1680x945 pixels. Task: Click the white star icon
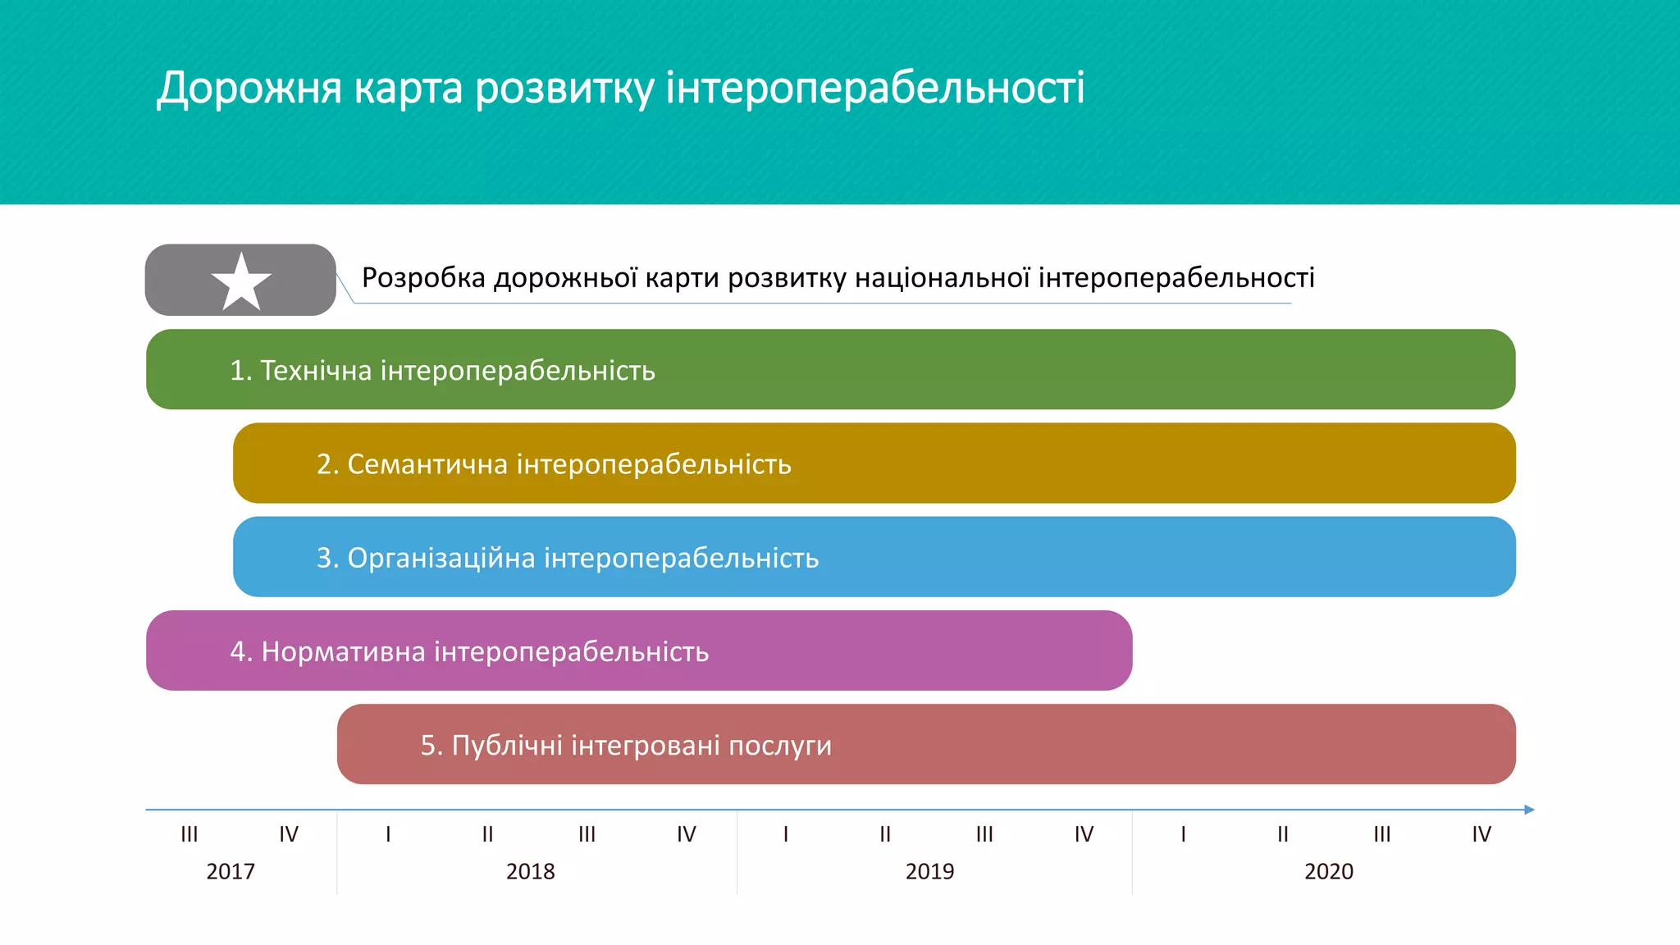pyautogui.click(x=241, y=281)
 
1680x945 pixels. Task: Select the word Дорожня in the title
pyautogui.click(x=249, y=88)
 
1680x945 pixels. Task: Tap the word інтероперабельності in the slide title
pyautogui.click(x=874, y=88)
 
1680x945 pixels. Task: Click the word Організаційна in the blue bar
pyautogui.click(x=441, y=558)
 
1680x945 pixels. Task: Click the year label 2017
pyautogui.click(x=231, y=871)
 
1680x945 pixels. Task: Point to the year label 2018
pyautogui.click(x=530, y=871)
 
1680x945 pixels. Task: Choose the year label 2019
pyautogui.click(x=929, y=871)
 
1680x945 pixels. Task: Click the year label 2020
pyautogui.click(x=1329, y=871)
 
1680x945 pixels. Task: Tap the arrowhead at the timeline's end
pyautogui.click(x=1529, y=810)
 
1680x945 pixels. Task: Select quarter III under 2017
pyautogui.click(x=189, y=834)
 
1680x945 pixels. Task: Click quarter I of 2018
pyautogui.click(x=388, y=834)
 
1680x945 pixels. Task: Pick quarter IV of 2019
pyautogui.click(x=1084, y=834)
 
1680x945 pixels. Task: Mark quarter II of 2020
pyautogui.click(x=1283, y=834)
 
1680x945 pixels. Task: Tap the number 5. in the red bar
pyautogui.click(x=431, y=746)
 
